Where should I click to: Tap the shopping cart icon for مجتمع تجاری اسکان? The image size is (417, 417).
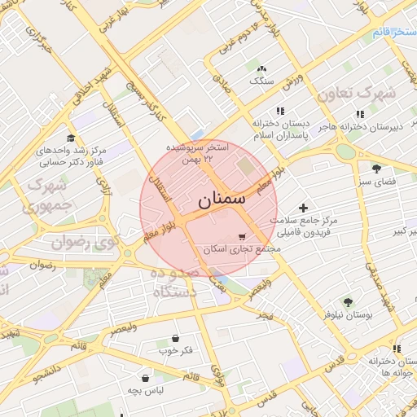(x=242, y=235)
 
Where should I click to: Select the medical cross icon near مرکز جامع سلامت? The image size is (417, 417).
(x=305, y=208)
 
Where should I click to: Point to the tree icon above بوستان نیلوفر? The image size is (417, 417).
(x=349, y=301)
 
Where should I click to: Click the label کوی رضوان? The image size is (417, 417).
(x=81, y=241)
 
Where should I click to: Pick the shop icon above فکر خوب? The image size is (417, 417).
(x=176, y=338)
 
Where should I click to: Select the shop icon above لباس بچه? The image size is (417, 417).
(x=146, y=378)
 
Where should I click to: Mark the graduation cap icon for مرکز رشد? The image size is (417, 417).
(x=71, y=138)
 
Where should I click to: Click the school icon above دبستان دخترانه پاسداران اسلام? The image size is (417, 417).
(x=280, y=110)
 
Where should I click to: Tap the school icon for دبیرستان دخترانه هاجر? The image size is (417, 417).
(x=359, y=115)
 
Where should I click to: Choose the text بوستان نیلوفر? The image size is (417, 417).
(x=349, y=314)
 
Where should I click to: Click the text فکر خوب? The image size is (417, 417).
(x=176, y=351)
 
